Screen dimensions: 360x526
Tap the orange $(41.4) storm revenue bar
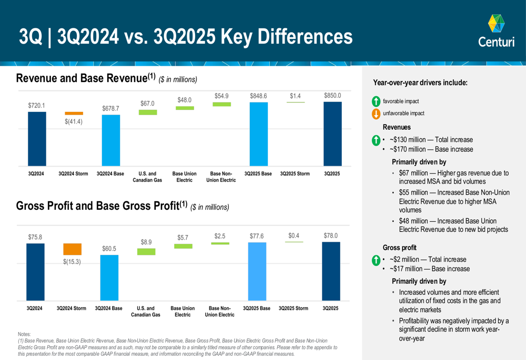[74, 113]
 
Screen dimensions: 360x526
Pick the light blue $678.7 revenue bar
[111, 140]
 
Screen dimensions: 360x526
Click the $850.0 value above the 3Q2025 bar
[332, 96]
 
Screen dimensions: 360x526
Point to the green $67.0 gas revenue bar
[148, 112]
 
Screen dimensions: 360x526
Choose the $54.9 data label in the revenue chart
[221, 96]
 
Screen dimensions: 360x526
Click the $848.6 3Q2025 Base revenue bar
[259, 134]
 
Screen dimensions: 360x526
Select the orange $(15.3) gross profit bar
[72, 249]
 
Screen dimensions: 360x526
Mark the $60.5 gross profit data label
[109, 248]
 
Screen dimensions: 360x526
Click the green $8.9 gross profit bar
[146, 252]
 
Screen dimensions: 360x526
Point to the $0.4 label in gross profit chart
[295, 236]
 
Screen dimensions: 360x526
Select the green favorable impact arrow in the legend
[376, 101]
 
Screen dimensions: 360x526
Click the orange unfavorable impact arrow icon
[376, 114]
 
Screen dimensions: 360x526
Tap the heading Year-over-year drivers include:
[420, 83]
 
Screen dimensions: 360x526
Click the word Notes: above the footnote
[24, 334]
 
